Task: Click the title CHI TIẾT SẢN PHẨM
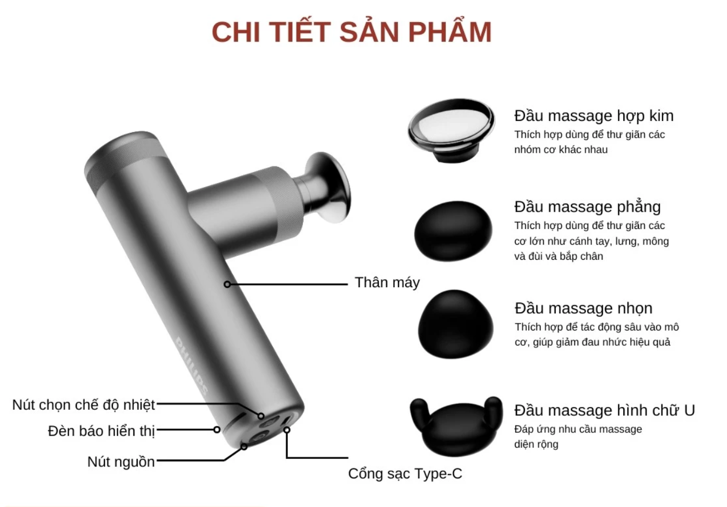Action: click(x=352, y=32)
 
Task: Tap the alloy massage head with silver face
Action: click(x=452, y=130)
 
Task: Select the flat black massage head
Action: click(x=453, y=231)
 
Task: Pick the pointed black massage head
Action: click(x=455, y=324)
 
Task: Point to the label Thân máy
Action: click(x=387, y=282)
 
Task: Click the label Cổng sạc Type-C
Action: click(x=405, y=474)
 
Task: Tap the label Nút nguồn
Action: click(x=121, y=462)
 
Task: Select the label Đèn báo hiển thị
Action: click(x=101, y=431)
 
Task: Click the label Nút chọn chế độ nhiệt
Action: click(x=84, y=404)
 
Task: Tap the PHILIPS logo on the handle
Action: click(x=192, y=367)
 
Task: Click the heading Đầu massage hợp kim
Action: click(x=594, y=116)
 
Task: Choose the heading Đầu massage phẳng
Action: click(x=587, y=207)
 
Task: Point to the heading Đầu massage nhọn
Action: click(x=583, y=308)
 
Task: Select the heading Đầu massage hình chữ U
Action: click(x=604, y=410)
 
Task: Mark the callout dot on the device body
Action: click(x=227, y=284)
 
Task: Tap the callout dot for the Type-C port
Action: click(x=287, y=430)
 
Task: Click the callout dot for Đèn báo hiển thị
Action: click(x=217, y=430)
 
